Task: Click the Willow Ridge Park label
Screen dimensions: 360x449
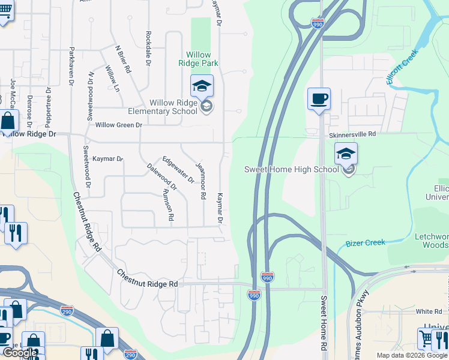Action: (x=198, y=58)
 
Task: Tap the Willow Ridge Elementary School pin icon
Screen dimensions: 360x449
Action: (x=202, y=86)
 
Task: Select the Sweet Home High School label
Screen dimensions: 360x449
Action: (x=291, y=169)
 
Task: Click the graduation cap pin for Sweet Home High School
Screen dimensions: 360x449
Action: (x=346, y=154)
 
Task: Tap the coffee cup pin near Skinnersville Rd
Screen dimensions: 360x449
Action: (x=319, y=98)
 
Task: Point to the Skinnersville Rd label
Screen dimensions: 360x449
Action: (x=352, y=135)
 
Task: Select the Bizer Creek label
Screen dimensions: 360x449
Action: (x=366, y=243)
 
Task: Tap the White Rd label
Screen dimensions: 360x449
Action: (x=429, y=311)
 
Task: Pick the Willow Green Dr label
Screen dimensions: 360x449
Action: (x=118, y=125)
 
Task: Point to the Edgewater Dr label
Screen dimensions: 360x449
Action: (x=178, y=169)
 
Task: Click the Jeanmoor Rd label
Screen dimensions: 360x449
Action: (x=202, y=180)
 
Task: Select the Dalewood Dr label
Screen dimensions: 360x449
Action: (x=161, y=177)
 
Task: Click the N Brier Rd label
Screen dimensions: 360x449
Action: (x=123, y=59)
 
